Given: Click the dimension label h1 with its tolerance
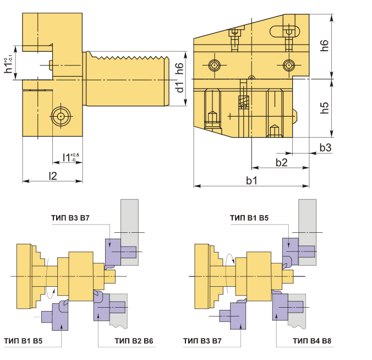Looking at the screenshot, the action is pos(9,65).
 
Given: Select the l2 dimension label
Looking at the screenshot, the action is pos(53,176).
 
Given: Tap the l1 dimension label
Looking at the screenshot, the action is pos(70,157).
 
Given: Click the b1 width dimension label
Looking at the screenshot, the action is pos(251,181).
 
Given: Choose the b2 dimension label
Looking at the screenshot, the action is pos(282,162).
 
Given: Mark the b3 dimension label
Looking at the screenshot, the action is pos(326,148).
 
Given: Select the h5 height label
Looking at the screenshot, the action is pos(325,108).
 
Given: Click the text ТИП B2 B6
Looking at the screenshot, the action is pos(134,341).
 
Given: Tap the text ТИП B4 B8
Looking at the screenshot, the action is pos(312,341).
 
